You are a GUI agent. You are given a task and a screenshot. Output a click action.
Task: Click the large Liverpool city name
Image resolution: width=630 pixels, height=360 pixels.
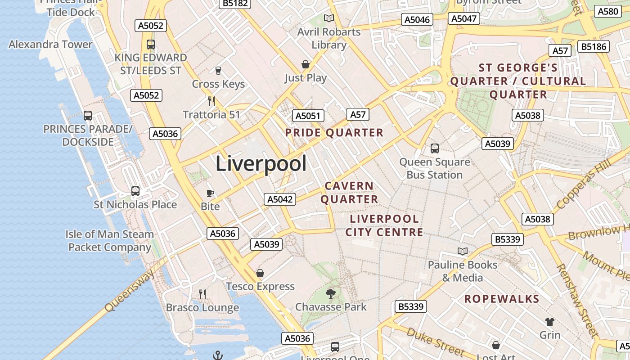pyautogui.click(x=261, y=163)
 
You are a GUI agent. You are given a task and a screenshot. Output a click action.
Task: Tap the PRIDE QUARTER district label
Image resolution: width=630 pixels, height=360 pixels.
pyautogui.click(x=334, y=133)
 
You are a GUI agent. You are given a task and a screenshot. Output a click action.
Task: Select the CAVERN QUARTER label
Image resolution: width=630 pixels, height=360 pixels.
pyautogui.click(x=349, y=192)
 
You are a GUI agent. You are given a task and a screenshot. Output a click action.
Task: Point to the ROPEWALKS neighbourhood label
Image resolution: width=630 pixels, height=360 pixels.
pyautogui.click(x=502, y=299)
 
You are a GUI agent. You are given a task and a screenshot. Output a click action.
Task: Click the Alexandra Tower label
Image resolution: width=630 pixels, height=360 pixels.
pyautogui.click(x=50, y=44)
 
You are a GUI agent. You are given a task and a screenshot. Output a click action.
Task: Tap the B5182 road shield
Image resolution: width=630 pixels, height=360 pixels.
pyautogui.click(x=234, y=3)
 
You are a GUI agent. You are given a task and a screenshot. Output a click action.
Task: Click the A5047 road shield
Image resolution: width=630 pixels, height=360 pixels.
pyautogui.click(x=464, y=18)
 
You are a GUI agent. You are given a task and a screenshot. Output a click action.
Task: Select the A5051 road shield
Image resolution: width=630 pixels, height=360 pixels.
pyautogui.click(x=308, y=116)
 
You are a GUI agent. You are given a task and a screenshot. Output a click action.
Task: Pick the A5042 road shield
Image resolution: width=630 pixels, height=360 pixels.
pyautogui.click(x=280, y=199)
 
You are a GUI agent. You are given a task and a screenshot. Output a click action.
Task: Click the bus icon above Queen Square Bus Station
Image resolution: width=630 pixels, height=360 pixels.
pyautogui.click(x=435, y=148)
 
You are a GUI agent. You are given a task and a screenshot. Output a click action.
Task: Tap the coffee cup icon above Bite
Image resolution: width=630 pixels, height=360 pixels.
pyautogui.click(x=210, y=193)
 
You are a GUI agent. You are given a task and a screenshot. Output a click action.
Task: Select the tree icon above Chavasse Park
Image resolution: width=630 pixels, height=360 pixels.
pyautogui.click(x=331, y=294)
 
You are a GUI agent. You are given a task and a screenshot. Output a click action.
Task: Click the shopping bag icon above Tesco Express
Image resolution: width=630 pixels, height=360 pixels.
pyautogui.click(x=260, y=273)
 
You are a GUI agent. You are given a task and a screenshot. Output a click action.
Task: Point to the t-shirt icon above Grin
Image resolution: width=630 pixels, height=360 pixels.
pyautogui.click(x=550, y=322)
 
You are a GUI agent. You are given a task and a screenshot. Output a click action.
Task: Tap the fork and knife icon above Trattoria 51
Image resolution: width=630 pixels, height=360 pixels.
pyautogui.click(x=211, y=101)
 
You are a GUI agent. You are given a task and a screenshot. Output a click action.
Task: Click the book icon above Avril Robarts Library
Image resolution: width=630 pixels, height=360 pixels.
pyautogui.click(x=329, y=18)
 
